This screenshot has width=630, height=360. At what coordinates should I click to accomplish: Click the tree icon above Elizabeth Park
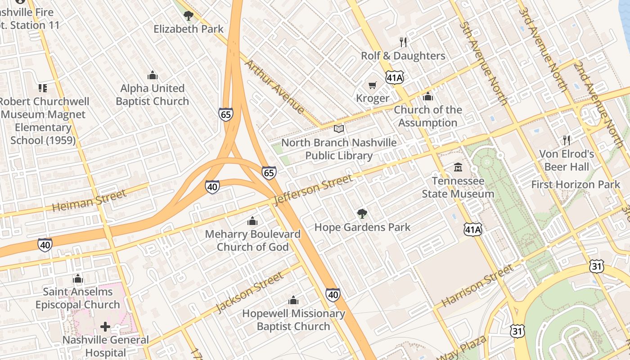tap(188, 16)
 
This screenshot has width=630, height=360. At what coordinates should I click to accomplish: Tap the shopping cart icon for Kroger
tap(372, 85)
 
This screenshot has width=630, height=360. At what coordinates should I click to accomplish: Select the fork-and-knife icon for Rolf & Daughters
tap(403, 42)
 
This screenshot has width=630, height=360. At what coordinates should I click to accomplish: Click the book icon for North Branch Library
tap(339, 129)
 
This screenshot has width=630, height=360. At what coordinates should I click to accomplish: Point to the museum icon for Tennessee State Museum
tap(458, 167)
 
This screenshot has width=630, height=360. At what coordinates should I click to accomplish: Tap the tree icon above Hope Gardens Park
tap(362, 214)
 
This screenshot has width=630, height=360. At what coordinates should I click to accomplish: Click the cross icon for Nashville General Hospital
tap(105, 326)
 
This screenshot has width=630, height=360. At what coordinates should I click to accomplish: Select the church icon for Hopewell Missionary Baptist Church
tap(293, 300)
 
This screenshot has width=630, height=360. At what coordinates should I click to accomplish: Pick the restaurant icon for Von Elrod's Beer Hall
tap(567, 140)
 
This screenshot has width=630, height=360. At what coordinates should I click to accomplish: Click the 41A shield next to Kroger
tap(395, 78)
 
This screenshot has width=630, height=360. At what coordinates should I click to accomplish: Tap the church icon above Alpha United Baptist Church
tap(152, 75)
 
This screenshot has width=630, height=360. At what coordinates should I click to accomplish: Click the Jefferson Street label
tap(313, 189)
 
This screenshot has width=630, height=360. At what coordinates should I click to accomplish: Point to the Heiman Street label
tap(89, 201)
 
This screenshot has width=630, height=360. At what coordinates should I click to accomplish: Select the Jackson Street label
tap(249, 292)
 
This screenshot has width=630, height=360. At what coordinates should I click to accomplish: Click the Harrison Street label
tap(477, 286)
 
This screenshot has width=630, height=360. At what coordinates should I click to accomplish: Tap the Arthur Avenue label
tap(274, 86)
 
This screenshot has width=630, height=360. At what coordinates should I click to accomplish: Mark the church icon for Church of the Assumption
tap(427, 97)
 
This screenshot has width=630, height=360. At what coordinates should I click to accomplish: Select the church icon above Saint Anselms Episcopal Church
tap(78, 279)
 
